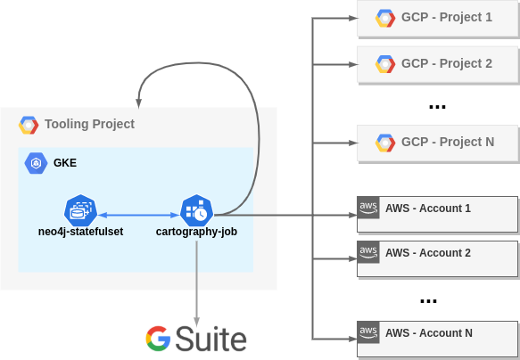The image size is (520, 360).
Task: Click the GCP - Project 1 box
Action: [x=437, y=18]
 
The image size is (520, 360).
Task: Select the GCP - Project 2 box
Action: [x=437, y=64]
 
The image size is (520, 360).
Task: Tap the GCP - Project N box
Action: [x=437, y=143]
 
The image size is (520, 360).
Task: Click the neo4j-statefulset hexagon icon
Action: [x=80, y=211]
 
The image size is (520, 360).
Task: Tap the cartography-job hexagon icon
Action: [x=195, y=211]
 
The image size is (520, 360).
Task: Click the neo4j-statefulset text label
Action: [x=80, y=232]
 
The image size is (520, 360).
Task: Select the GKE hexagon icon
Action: [x=37, y=163]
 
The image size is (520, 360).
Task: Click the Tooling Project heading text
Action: [x=89, y=125]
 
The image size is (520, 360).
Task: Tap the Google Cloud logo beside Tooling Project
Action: [x=29, y=125]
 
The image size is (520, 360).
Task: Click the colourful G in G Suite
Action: [x=158, y=338]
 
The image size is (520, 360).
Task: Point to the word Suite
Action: [x=211, y=339]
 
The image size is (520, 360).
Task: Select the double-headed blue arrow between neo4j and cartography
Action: [x=134, y=215]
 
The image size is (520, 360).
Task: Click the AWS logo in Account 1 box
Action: [x=367, y=207]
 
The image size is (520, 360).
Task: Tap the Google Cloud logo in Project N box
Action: [x=385, y=143]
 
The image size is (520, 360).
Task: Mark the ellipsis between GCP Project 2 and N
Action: [x=437, y=107]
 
